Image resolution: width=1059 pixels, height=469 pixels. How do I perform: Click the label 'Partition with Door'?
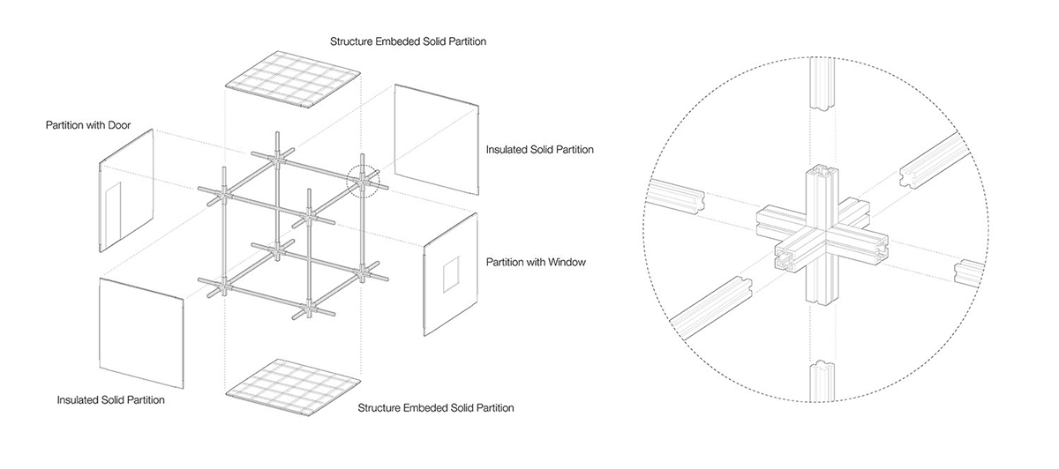(x=88, y=126)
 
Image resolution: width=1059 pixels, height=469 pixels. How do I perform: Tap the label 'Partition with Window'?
(x=537, y=263)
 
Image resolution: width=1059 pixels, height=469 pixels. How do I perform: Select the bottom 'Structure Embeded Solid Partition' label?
(x=436, y=408)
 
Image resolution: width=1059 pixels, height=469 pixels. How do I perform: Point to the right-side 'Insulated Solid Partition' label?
(x=540, y=150)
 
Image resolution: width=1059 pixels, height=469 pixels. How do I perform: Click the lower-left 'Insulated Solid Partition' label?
(x=110, y=400)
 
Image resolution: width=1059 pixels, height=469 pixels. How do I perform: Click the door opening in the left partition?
(x=112, y=213)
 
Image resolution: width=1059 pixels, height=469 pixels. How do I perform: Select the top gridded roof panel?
(x=293, y=82)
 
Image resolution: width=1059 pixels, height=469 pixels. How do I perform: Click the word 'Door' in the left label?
(x=118, y=126)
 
